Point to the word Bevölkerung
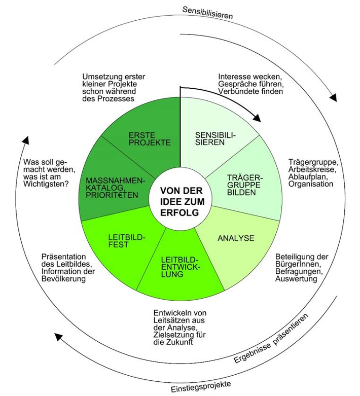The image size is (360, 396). [x=64, y=279]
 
